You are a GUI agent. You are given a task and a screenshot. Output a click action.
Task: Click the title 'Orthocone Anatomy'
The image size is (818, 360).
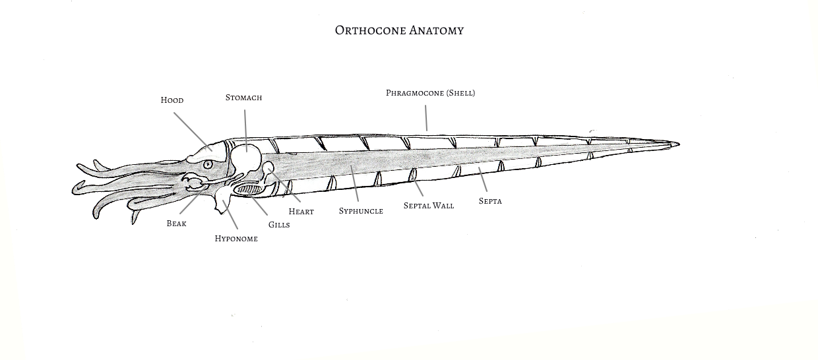399,30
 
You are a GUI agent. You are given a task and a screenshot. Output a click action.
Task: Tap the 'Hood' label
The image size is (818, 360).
172,100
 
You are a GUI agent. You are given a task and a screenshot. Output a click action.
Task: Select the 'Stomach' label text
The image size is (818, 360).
243,98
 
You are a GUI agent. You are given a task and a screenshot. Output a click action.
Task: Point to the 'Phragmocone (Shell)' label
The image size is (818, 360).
430,93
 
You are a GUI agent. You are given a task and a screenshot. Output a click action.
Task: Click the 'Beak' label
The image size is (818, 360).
176,224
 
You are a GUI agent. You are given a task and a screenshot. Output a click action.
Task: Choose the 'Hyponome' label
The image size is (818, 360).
236,239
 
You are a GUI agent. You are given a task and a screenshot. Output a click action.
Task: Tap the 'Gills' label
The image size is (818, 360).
279,225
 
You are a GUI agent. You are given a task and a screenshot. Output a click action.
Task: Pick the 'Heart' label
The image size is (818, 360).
301,212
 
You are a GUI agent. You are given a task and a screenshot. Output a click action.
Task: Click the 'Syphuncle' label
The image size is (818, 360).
361,211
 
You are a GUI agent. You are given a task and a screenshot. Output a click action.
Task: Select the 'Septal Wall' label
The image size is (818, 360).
429,206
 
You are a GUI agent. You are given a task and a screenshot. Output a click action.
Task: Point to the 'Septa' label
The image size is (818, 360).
490,201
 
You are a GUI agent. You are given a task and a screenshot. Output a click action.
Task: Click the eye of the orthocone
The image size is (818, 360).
208,164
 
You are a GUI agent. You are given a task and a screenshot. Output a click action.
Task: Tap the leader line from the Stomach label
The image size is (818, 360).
245,129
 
